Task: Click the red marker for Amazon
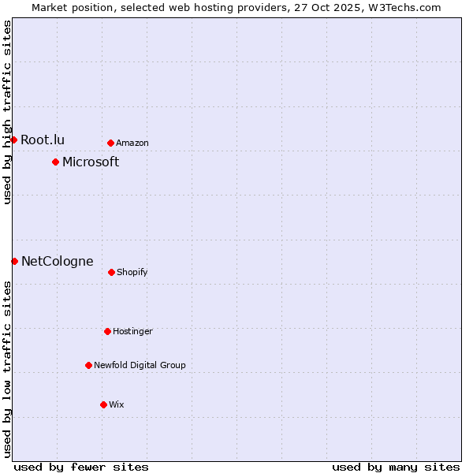coord(110,143)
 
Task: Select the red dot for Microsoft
coord(55,162)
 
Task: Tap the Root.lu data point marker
coord(13,140)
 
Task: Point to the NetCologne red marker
coord(14,261)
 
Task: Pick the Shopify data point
coord(111,272)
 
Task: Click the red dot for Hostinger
coord(107,331)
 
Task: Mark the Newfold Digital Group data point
coord(88,365)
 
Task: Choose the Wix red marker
coord(103,404)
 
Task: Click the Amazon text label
coord(132,143)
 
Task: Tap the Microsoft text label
coord(91,162)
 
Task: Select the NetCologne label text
coord(57,261)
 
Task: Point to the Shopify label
coord(132,272)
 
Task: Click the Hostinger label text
coord(132,331)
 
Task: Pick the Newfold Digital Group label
coord(140,365)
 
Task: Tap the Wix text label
coord(117,404)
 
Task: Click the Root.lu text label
coord(43,140)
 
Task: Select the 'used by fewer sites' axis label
coord(81,467)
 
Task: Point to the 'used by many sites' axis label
coord(396,467)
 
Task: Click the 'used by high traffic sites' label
coord(7,112)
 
